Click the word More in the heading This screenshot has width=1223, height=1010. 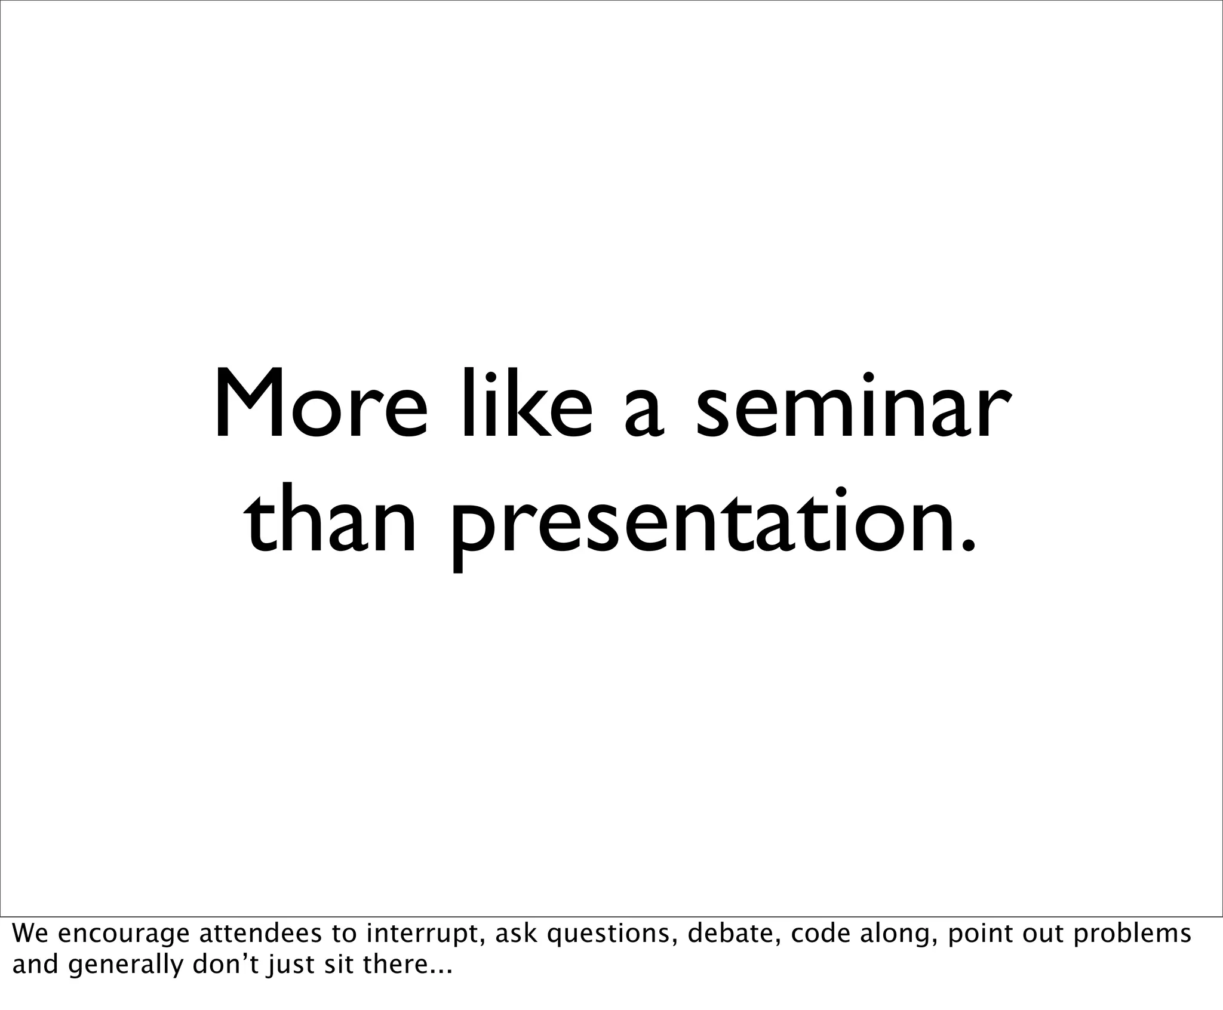coord(321,404)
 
